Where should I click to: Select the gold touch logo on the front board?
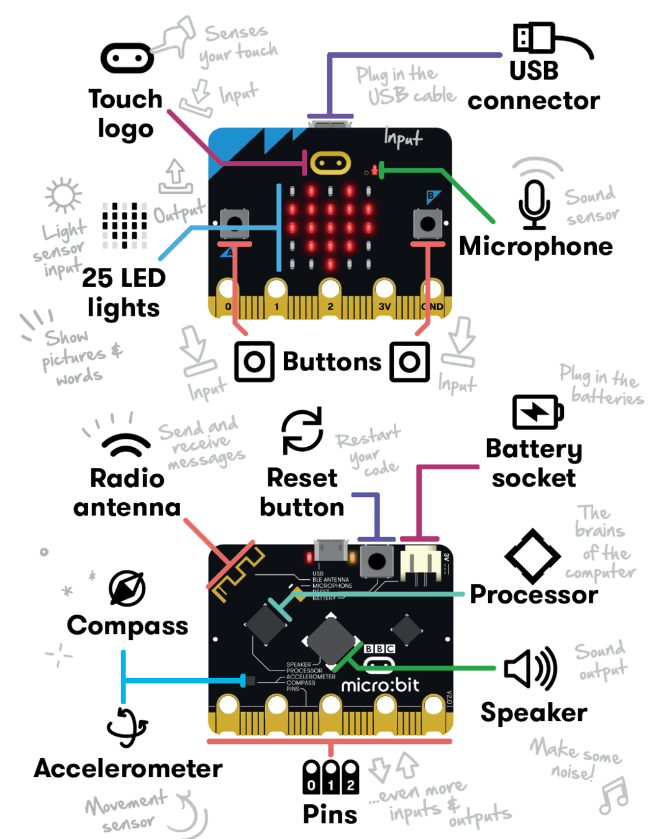tap(330, 163)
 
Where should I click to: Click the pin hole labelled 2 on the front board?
tap(330, 290)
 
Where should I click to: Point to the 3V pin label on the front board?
tap(384, 306)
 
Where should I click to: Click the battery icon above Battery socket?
tap(538, 412)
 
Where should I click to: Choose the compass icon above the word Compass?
tap(127, 588)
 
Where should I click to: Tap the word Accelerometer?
tap(128, 769)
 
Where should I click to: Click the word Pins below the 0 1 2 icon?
tap(330, 814)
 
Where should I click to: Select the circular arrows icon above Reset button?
tap(302, 431)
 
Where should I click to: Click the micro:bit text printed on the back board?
tap(380, 685)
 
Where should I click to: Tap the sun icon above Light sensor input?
tap(63, 196)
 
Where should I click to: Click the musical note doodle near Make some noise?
tap(614, 796)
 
